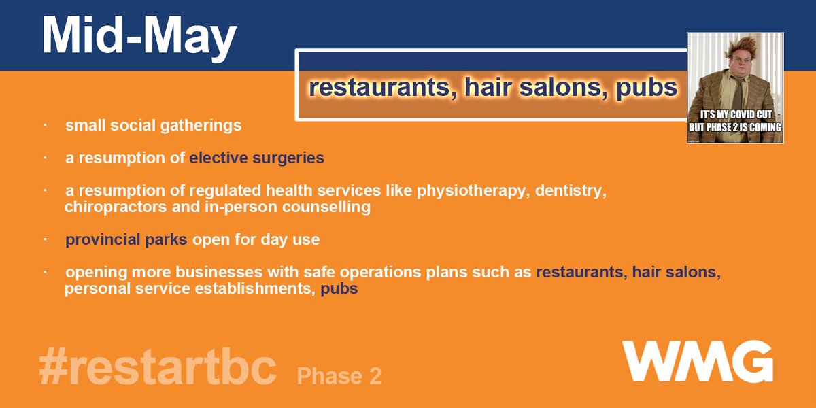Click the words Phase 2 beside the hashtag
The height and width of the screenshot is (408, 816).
[x=339, y=375]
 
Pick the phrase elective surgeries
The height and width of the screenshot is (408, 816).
[x=256, y=158]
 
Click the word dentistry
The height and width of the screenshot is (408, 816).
[x=571, y=191]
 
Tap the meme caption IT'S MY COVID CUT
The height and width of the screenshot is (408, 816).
[x=736, y=115]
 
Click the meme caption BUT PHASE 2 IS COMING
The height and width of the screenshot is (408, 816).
[x=736, y=127]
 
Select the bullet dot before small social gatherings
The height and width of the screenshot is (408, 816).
[x=44, y=126]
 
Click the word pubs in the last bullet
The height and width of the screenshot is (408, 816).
[x=339, y=288]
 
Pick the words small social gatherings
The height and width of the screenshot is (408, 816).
[x=153, y=126]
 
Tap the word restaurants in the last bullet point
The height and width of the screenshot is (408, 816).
[x=581, y=273]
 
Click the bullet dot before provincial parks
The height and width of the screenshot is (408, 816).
[x=44, y=239]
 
